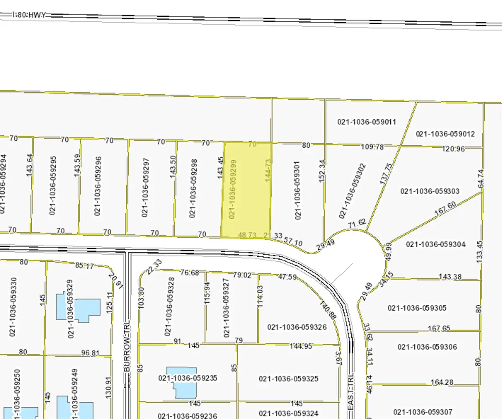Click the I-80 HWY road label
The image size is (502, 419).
coord(29,15)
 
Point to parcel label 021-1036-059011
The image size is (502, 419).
coord(366,122)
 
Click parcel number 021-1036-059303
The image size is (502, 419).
coord(430,191)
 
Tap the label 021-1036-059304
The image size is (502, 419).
coord(435,244)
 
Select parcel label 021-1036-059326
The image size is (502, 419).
coord(297,327)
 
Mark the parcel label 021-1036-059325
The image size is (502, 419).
coord(289,379)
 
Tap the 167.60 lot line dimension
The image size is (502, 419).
coord(445,209)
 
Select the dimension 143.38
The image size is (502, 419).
coord(450,277)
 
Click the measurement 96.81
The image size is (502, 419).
coord(90,353)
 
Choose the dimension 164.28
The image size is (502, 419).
coord(442,382)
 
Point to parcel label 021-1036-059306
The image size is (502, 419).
coord(427,347)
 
